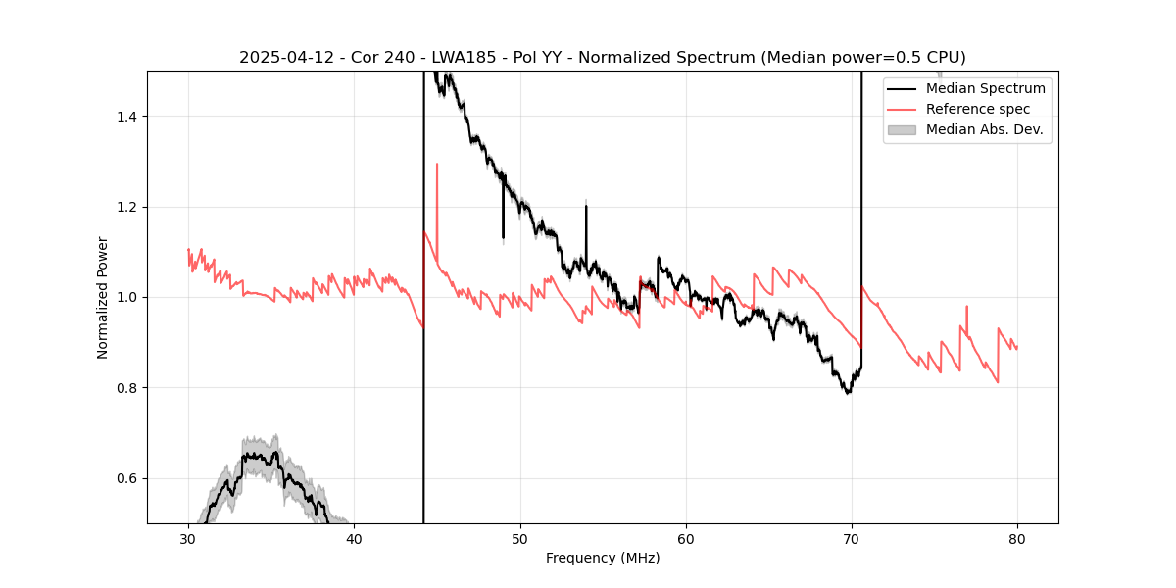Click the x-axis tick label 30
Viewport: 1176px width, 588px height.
(x=189, y=539)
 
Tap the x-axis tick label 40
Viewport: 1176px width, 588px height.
(x=355, y=539)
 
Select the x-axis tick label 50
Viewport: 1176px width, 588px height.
(x=520, y=539)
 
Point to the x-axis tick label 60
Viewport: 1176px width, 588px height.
(x=686, y=539)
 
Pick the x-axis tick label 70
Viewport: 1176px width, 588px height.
(x=852, y=539)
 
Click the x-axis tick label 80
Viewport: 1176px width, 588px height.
(x=1017, y=539)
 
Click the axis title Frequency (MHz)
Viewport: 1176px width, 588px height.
(x=603, y=558)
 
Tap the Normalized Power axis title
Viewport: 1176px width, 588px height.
(x=103, y=297)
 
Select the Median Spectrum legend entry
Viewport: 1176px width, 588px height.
(x=985, y=89)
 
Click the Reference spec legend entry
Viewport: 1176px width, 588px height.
(x=978, y=109)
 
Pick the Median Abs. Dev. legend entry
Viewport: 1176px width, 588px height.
(x=984, y=129)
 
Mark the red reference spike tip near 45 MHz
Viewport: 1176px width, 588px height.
(x=437, y=165)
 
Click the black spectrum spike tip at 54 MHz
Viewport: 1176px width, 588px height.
(x=586, y=206)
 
